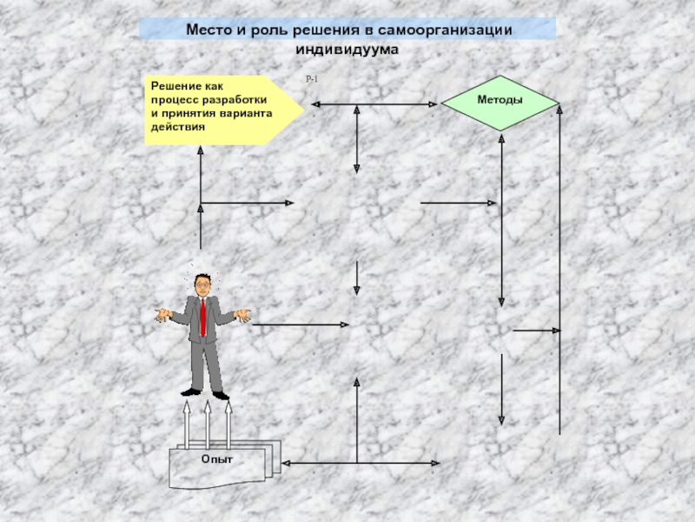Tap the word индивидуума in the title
347,50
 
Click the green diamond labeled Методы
500,102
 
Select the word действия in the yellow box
177,126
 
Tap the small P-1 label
312,80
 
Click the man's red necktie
202,318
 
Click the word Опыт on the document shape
217,459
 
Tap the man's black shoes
204,395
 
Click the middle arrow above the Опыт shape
208,422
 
